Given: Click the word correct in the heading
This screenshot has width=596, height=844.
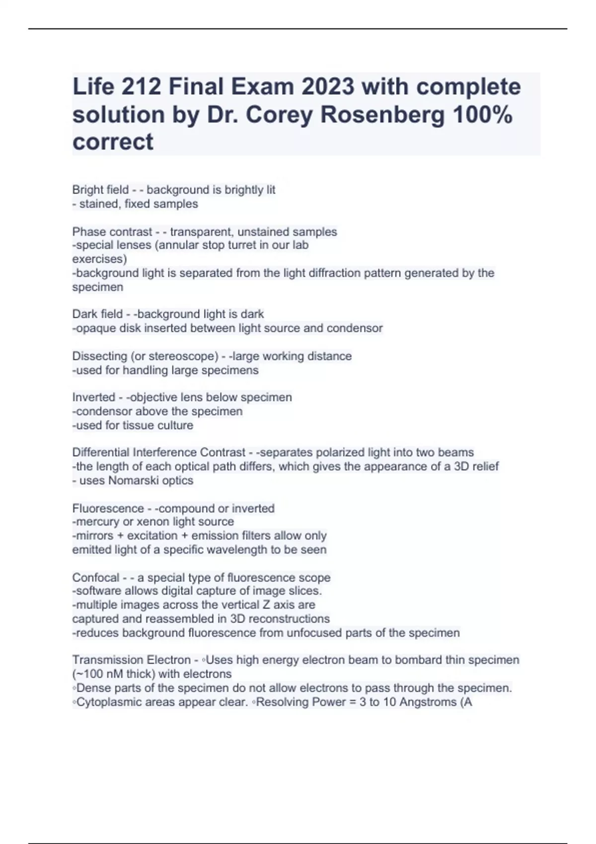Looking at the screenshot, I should [x=113, y=142].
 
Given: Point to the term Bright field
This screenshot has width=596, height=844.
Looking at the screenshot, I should [x=100, y=190].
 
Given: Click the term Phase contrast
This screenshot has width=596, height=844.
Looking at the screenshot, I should [x=112, y=232].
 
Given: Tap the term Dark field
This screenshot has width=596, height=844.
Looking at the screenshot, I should [x=97, y=314].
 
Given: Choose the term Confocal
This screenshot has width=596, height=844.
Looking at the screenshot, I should [x=95, y=578].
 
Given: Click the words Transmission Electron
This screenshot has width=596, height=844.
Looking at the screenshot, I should [x=131, y=660].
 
